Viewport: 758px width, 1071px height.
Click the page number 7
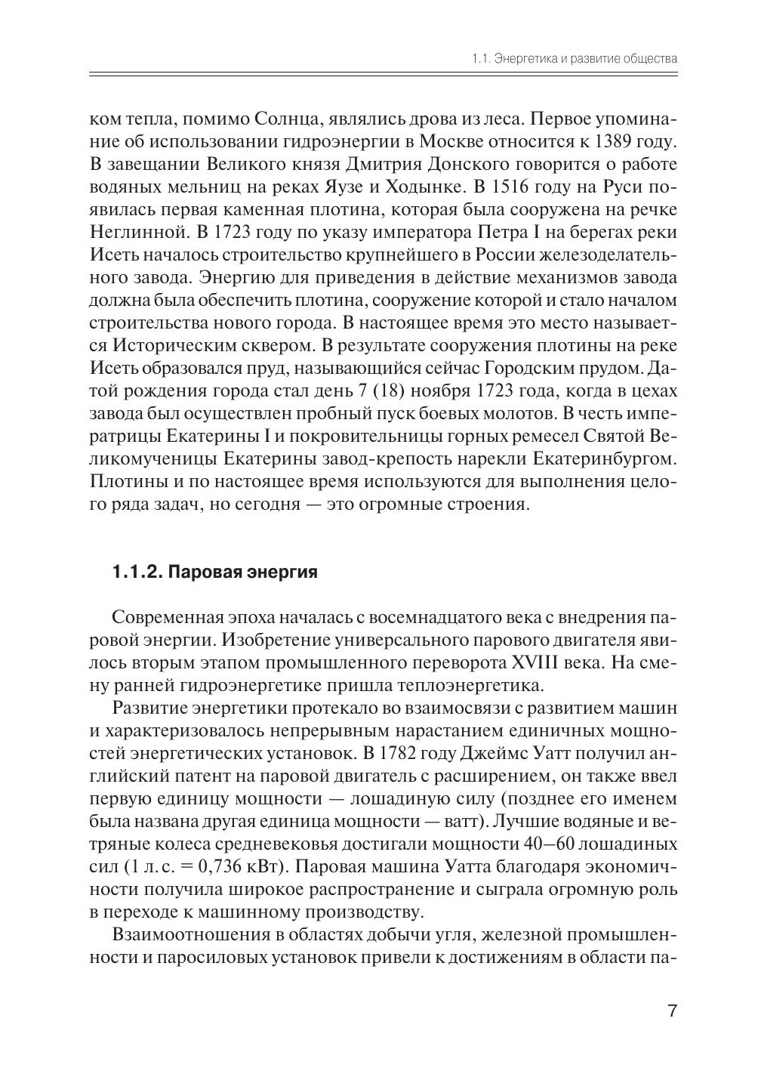tap(672, 1011)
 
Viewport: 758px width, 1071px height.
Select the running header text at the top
tap(574, 58)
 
